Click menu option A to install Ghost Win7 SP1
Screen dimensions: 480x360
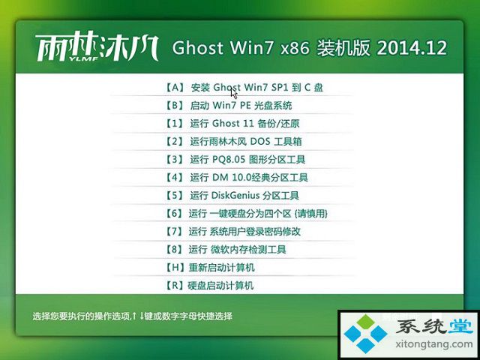click(244, 88)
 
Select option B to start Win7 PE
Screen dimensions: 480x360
click(228, 106)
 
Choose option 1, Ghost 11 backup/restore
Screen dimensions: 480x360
click(232, 123)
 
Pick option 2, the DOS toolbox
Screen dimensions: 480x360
click(233, 142)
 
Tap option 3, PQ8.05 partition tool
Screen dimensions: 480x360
click(235, 160)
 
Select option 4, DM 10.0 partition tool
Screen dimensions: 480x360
click(236, 178)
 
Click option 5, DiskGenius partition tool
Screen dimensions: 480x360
click(232, 196)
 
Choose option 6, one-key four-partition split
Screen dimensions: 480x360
click(246, 213)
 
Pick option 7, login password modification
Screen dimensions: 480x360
click(232, 232)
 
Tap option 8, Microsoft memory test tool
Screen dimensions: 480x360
click(225, 250)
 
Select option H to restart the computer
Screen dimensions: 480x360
click(210, 268)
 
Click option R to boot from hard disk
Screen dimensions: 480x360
click(209, 286)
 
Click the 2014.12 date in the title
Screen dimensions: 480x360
click(412, 48)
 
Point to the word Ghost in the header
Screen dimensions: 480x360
click(198, 48)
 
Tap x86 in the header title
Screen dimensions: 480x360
click(295, 49)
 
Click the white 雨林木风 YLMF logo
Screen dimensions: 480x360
click(97, 48)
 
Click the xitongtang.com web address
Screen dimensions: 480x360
click(433, 344)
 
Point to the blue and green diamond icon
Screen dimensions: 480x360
click(365, 333)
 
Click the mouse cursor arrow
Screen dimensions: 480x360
click(234, 91)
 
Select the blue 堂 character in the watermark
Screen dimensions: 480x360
click(460, 326)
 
